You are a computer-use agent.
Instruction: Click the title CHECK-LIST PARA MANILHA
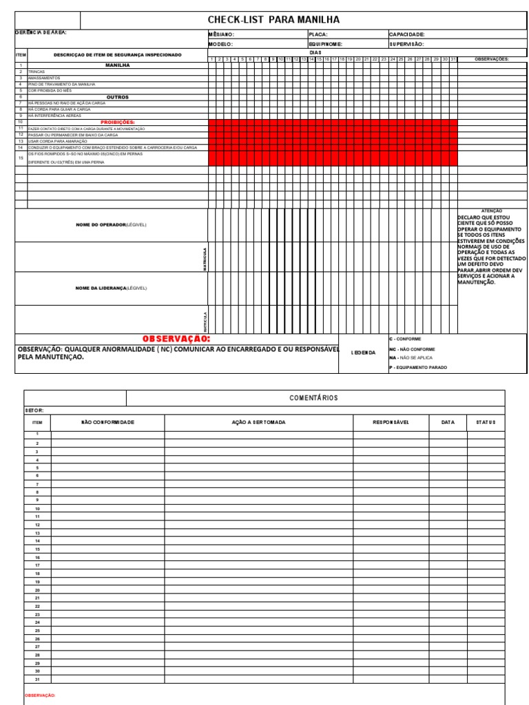pyautogui.click(x=273, y=21)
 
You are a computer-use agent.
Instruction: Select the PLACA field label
pyautogui.click(x=318, y=34)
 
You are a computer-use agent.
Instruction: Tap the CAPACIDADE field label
pyautogui.click(x=406, y=34)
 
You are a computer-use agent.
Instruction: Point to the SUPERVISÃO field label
pyautogui.click(x=406, y=43)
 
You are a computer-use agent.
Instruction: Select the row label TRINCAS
pyautogui.click(x=37, y=72)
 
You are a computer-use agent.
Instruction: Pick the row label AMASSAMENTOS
pyautogui.click(x=44, y=78)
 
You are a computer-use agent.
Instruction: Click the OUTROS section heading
pyautogui.click(x=118, y=97)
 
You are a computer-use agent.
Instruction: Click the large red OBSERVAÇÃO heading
pyautogui.click(x=176, y=339)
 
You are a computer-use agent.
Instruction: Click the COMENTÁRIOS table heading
pyautogui.click(x=315, y=398)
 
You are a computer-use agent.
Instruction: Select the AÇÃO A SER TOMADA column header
pyautogui.click(x=258, y=422)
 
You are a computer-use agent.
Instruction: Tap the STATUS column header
pyautogui.click(x=485, y=422)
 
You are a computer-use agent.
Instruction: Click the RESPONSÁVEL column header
pyautogui.click(x=391, y=422)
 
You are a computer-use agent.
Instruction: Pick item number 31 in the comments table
pyautogui.click(x=37, y=679)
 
